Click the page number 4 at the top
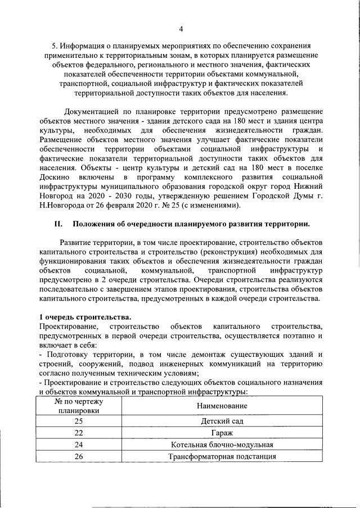[x=181, y=29]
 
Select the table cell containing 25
[x=78, y=420]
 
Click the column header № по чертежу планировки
[x=78, y=406]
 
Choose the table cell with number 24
[x=78, y=444]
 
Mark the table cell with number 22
[x=78, y=433]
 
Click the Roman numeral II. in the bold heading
[x=57, y=224]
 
